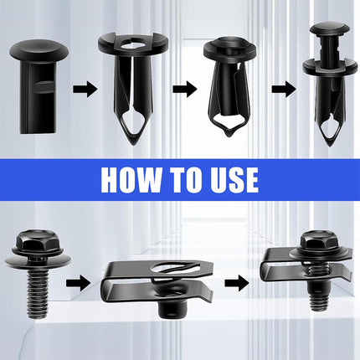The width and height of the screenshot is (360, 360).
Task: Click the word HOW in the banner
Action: (128, 179)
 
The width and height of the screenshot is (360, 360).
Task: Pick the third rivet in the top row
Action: (229, 84)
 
